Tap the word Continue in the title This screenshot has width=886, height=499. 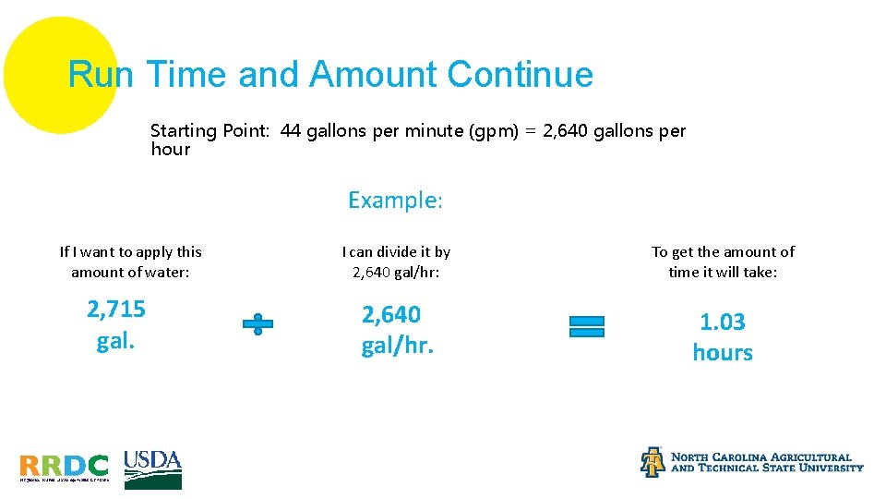pos(520,74)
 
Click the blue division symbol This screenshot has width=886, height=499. pos(257,324)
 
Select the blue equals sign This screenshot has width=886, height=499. pos(587,326)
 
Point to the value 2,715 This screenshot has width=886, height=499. pos(116,309)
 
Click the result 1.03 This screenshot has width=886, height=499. pos(723,322)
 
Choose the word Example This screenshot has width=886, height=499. pos(394,200)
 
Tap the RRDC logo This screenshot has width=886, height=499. pos(64,467)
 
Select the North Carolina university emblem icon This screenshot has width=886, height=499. pos(653,462)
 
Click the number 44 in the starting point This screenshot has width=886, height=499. pos(291,131)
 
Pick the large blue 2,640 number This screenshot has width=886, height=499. pos(391,315)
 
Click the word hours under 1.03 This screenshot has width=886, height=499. pos(723,353)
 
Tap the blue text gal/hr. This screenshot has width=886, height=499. pos(397,347)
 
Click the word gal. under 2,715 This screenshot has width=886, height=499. pos(116,341)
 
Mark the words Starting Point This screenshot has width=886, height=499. pos(210,131)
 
